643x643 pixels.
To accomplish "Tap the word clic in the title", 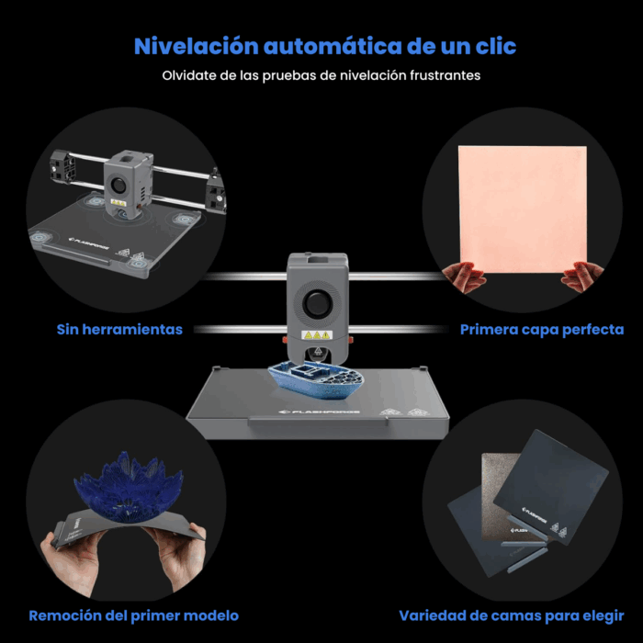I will coord(491,46).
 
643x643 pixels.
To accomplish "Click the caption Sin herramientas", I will coord(119,329).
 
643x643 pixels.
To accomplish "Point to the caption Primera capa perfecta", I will coord(541,329).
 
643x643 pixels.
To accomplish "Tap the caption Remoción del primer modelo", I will coord(133,615).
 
